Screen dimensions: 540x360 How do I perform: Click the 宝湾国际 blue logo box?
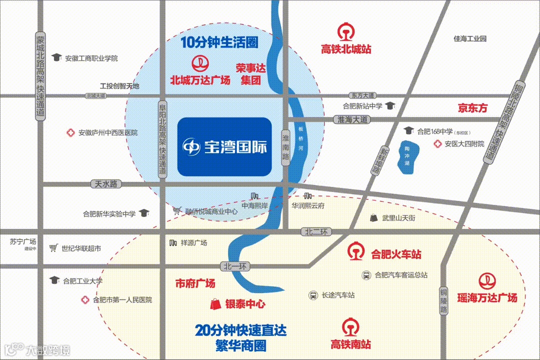pos(224,146)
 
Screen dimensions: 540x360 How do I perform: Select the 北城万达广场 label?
pos(200,80)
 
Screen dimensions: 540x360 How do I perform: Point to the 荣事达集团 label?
pos(250,73)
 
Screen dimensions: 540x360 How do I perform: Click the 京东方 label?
pos(472,107)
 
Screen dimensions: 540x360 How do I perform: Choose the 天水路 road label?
pos(105,184)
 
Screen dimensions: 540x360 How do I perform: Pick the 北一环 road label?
pos(234,265)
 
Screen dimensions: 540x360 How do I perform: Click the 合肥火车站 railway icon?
pos(356,251)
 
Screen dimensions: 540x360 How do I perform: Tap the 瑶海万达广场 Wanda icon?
pos(486,281)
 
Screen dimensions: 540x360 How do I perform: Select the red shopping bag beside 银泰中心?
pos(215,303)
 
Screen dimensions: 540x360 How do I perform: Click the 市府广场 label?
pos(195,283)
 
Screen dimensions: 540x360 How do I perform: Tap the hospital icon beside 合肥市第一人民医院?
pos(84,300)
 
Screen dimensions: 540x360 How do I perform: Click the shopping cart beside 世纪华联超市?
pos(53,248)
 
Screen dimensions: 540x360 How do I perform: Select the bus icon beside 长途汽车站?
pos(313,295)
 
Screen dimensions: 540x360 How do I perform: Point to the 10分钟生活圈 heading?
pos(219,42)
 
